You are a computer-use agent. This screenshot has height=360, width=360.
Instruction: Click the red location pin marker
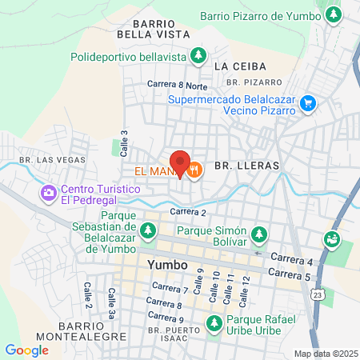180,162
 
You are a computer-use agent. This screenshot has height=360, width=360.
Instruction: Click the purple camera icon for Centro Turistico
48,193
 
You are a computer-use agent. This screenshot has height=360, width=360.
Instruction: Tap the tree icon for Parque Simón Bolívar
258,234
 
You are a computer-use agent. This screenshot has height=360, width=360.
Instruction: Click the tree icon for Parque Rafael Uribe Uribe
214,324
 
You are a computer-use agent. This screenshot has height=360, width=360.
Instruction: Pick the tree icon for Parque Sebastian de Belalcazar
147,231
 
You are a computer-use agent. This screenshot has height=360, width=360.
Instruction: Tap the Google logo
26,350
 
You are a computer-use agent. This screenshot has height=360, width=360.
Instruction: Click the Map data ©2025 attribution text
326,354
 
